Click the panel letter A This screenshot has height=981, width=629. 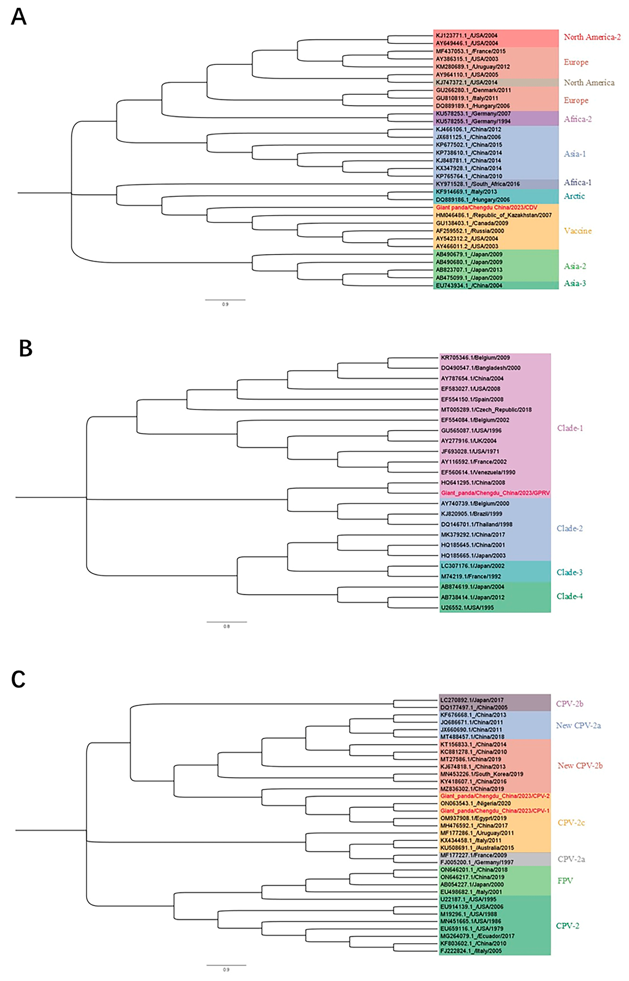19,17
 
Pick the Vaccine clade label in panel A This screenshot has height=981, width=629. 578,231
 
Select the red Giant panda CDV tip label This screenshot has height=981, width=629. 486,207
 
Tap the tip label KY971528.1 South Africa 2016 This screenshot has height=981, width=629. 477,184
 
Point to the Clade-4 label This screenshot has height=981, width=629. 569,596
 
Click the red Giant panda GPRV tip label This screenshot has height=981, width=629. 495,493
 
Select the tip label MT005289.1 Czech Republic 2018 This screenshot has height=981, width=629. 486,409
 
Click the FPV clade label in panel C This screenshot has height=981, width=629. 565,881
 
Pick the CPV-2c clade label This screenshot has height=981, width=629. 571,823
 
